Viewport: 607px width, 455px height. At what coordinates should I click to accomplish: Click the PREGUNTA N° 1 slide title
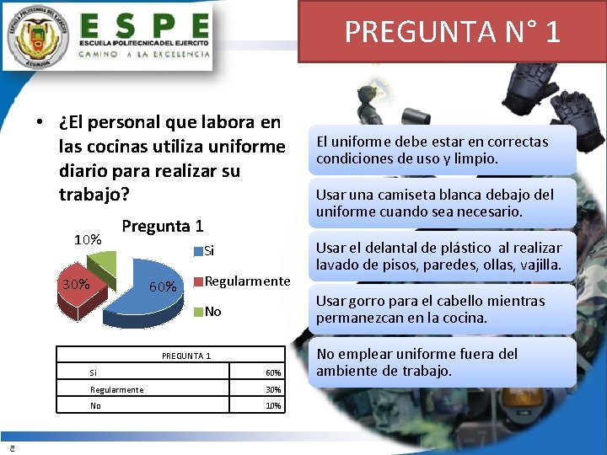pos(452,31)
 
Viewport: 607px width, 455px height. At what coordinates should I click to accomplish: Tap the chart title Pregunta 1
pos(162,226)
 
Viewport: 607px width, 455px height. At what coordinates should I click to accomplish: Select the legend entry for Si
pos(209,250)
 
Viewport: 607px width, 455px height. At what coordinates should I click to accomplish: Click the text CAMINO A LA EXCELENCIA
pos(144,53)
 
